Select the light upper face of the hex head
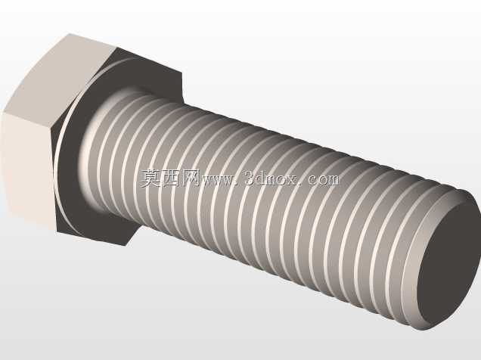58,76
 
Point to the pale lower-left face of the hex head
28,169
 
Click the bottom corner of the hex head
125,245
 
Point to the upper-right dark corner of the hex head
182,73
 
